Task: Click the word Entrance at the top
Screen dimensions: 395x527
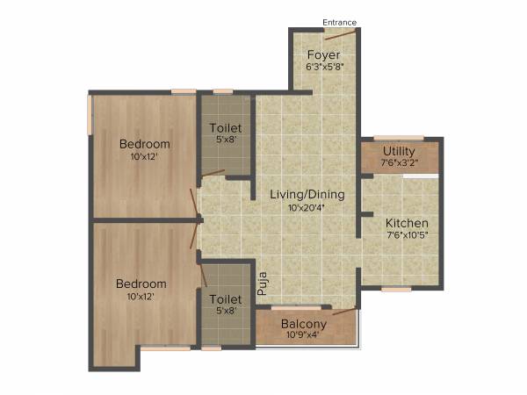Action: (x=339, y=22)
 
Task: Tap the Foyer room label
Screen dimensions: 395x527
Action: (x=323, y=54)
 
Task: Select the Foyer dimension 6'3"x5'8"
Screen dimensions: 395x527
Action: (x=323, y=66)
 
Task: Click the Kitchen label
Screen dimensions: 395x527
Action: (x=408, y=223)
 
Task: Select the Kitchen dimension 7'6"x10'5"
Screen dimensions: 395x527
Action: (x=408, y=235)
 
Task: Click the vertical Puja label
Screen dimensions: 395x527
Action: (x=262, y=284)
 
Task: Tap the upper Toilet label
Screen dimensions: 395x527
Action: (x=225, y=128)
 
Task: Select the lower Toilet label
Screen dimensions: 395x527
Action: (x=225, y=298)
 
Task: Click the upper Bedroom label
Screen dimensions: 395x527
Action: (x=145, y=144)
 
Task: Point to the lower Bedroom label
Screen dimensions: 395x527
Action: (x=142, y=284)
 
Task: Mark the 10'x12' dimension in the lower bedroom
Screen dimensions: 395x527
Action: (x=142, y=297)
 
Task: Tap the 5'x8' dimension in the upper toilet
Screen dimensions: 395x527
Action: (x=225, y=140)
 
